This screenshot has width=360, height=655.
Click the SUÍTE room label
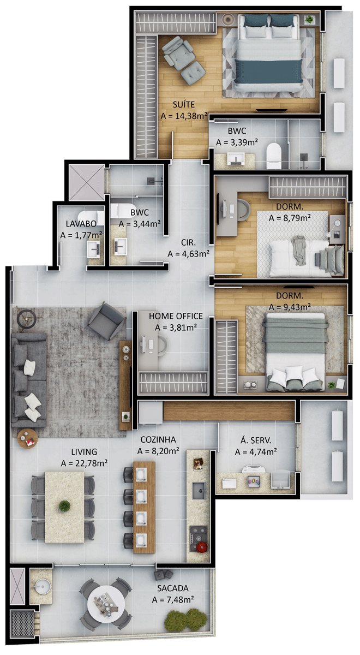(183, 104)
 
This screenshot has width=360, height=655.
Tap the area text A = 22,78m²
(84, 463)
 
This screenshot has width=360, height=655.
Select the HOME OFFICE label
(176, 316)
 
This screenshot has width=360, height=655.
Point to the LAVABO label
(81, 224)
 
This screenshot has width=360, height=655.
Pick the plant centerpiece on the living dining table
(64, 506)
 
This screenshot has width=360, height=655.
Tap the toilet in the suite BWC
(274, 156)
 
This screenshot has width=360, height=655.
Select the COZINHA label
(158, 440)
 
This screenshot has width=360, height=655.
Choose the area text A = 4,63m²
(189, 254)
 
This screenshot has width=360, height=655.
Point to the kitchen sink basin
(199, 491)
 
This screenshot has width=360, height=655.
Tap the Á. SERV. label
(256, 440)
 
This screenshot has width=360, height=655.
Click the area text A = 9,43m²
(290, 307)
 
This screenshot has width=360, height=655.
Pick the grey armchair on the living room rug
(107, 321)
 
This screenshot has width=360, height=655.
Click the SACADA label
(173, 588)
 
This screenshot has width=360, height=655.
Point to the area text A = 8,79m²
(290, 218)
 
